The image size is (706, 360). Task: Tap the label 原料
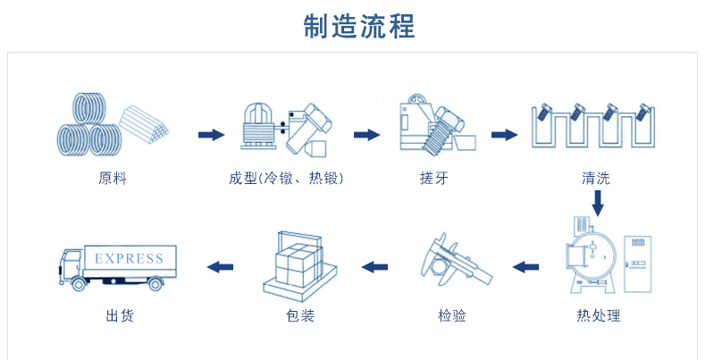click(113, 179)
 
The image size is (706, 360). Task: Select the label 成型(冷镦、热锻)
click(287, 179)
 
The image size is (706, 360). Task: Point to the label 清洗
click(595, 179)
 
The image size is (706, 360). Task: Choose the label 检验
click(452, 315)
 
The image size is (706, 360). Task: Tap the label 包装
click(300, 315)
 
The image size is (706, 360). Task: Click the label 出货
click(119, 315)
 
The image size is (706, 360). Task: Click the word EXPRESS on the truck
click(129, 258)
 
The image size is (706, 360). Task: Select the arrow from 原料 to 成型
click(211, 135)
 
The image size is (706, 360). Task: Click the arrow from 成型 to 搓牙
click(366, 135)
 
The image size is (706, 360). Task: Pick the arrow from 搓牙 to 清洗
click(505, 135)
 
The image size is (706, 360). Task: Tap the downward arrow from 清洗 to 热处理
click(598, 203)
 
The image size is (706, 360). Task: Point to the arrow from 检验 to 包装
click(374, 265)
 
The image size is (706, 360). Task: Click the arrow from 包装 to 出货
click(220, 265)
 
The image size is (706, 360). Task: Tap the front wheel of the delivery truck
click(80, 283)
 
